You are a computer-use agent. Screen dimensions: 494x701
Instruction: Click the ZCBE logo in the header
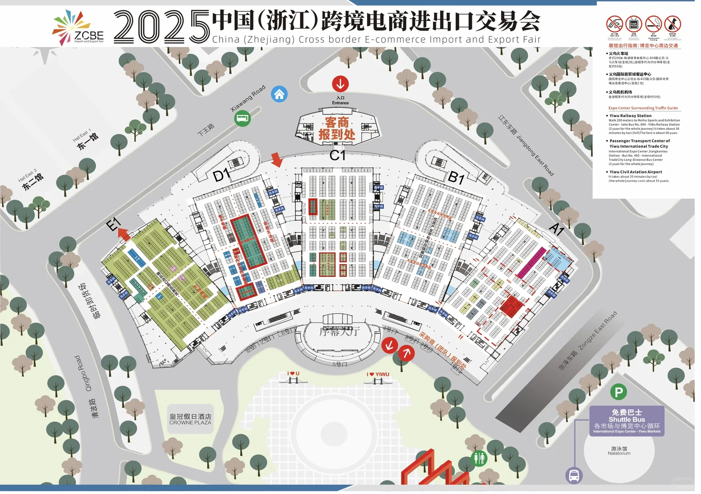tap(78, 28)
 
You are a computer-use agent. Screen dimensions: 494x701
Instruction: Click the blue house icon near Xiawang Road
tap(279, 94)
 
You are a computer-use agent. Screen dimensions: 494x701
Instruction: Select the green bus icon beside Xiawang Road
tap(242, 119)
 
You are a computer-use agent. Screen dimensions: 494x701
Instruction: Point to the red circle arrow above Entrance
tap(340, 84)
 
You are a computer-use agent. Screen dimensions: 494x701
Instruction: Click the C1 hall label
tap(337, 156)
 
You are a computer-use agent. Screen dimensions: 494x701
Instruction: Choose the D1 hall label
tap(221, 175)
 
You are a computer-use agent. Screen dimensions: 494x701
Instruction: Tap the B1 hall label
tap(456, 177)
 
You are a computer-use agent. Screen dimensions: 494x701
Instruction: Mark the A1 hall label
tap(557, 229)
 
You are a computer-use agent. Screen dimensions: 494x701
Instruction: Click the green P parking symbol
tap(618, 392)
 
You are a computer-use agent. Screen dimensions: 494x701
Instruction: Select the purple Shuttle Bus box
tap(626, 420)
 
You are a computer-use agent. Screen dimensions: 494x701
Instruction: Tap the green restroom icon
tap(479, 458)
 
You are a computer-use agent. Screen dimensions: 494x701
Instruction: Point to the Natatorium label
tap(619, 451)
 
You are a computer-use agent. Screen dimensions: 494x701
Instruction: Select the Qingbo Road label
tap(83, 373)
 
